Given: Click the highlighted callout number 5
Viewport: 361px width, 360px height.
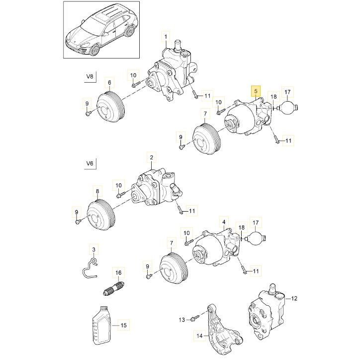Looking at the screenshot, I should coord(256,91).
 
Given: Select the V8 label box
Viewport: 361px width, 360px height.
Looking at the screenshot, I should coord(90,77).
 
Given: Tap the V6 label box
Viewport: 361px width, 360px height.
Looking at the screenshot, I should coord(90,163).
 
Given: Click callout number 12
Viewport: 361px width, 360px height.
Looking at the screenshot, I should coord(294,298).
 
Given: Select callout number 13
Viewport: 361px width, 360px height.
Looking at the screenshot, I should coord(182,319).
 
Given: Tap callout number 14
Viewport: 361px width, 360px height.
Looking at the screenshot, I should coord(199,336).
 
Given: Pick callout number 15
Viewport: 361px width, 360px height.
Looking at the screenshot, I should coord(124,325).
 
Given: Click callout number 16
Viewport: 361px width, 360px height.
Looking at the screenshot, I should coord(118,273).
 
